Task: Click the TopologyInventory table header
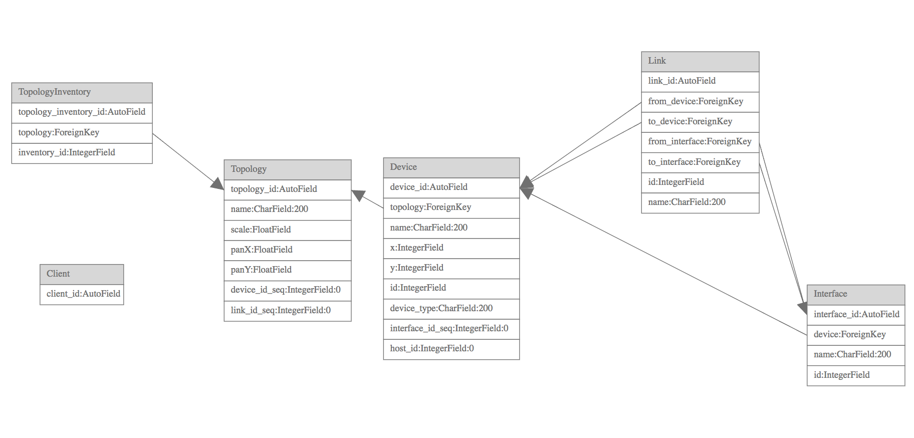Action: point(82,92)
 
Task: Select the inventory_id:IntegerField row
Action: point(82,153)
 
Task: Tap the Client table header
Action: point(82,274)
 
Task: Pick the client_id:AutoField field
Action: point(82,294)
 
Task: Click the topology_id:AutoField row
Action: point(287,189)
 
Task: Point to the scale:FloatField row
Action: point(287,230)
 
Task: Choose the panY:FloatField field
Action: point(287,270)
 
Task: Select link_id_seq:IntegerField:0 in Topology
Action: point(287,311)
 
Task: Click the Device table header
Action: point(451,167)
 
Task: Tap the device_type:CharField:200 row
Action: point(451,309)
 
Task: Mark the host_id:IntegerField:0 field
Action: point(451,349)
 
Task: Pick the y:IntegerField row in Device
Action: point(451,268)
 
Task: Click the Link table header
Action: point(700,61)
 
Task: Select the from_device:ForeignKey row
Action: point(700,102)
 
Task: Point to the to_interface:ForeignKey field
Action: point(700,162)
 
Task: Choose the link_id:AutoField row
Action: point(700,81)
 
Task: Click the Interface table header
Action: point(855,294)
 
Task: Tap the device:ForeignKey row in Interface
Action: point(855,335)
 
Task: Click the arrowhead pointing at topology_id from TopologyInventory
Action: point(217,184)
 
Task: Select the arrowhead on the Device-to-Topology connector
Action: point(358,195)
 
